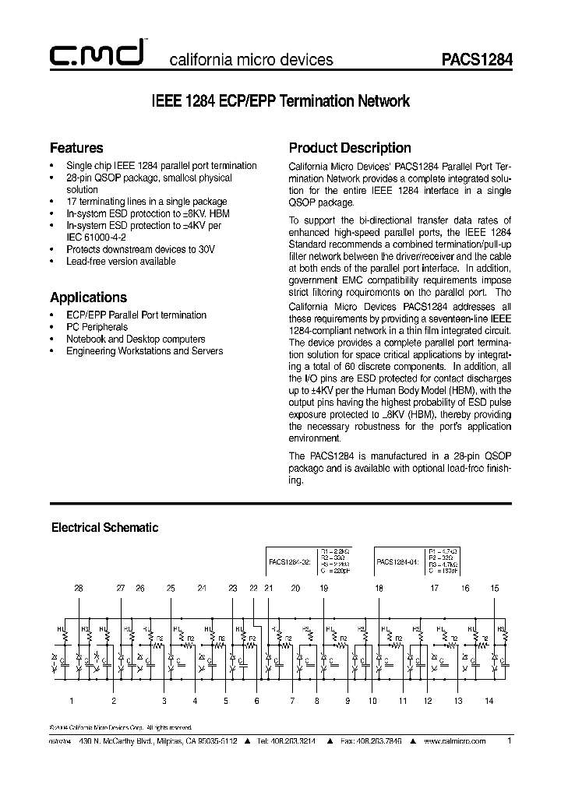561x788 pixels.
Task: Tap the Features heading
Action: tap(76, 148)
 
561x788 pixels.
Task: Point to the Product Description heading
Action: tap(350, 148)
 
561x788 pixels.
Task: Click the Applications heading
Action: tap(88, 297)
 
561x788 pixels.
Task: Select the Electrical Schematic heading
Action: tap(104, 528)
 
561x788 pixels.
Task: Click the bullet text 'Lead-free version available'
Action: tap(121, 262)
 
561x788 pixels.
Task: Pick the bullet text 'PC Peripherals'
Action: tap(97, 328)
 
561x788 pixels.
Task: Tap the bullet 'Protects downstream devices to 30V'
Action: tap(140, 249)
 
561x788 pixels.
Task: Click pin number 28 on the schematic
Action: tap(79, 588)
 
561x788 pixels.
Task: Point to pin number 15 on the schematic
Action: tap(494, 588)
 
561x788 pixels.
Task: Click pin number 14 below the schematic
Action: tap(489, 701)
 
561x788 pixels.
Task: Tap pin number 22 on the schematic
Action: tap(253, 588)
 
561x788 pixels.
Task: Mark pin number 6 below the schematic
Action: tap(256, 701)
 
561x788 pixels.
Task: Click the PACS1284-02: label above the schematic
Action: tap(290, 561)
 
